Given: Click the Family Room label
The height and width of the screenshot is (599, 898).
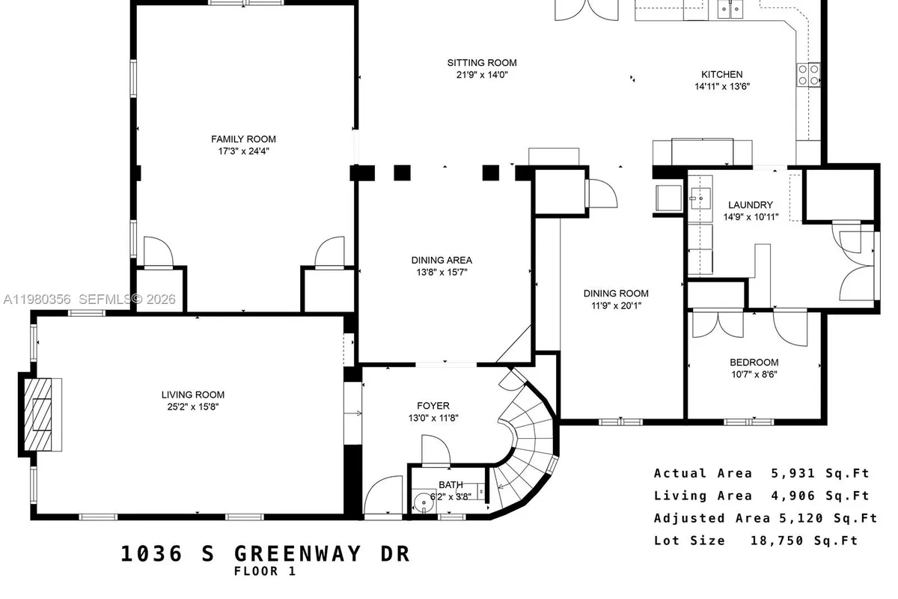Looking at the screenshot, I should tap(243, 139).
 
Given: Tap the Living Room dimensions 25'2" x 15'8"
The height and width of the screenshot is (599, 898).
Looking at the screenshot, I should tap(193, 407).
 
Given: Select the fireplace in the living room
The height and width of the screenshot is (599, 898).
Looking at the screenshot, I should tap(40, 414).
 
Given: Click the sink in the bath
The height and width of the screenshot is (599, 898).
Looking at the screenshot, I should tap(423, 499).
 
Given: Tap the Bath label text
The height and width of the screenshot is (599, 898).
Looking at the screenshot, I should tap(450, 484).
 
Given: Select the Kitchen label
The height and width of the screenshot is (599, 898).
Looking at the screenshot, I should tap(721, 74).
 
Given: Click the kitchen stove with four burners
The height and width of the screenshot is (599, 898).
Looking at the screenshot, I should tap(807, 75).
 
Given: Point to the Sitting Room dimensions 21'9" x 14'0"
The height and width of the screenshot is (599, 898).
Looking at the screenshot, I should tap(482, 75).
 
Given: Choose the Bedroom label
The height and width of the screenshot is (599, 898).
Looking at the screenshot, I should tap(754, 362).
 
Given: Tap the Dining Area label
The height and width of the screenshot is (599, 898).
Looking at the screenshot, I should tap(442, 260).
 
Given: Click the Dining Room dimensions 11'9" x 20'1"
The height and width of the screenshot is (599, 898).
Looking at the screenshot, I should tap(616, 305).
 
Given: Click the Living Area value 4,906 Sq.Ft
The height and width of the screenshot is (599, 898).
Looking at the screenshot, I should tap(819, 496).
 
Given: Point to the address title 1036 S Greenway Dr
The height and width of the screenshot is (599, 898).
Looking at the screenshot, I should tap(266, 554).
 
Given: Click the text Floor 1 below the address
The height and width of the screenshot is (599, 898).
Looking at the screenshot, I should tap(265, 571).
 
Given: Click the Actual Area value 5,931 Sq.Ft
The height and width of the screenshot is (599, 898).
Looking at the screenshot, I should tap(819, 473).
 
